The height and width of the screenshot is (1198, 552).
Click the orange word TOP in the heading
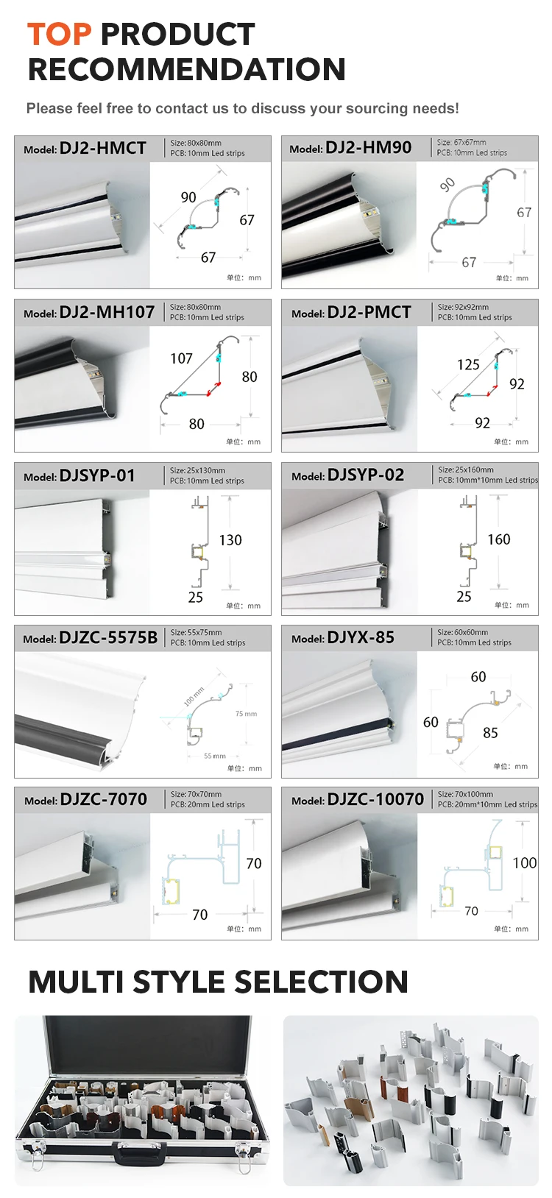[60, 35]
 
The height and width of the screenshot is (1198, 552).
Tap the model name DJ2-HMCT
[102, 148]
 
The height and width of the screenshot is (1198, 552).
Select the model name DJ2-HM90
[368, 148]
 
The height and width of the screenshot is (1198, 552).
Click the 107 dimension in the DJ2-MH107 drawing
[181, 358]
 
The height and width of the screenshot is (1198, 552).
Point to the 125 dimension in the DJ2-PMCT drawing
[468, 364]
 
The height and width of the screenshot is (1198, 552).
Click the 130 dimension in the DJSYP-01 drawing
[230, 540]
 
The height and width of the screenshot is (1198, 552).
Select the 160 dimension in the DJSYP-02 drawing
[498, 539]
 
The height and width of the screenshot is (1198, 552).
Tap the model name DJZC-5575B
[108, 638]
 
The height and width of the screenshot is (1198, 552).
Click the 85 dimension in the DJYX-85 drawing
[490, 733]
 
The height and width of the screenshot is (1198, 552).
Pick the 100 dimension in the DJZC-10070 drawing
[524, 863]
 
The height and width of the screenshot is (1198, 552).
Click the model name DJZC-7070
[104, 800]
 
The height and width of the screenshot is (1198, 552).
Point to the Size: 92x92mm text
[463, 307]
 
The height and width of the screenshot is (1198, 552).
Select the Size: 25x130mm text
[197, 470]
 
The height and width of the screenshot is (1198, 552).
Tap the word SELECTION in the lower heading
[321, 982]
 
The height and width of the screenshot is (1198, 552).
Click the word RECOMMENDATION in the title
[187, 70]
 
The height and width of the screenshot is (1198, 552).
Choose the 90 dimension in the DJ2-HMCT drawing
[188, 197]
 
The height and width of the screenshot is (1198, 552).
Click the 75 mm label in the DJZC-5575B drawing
[246, 714]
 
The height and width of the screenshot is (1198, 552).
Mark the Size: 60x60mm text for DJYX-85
[462, 632]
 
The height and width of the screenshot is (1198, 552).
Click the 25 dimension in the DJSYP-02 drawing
[464, 597]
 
